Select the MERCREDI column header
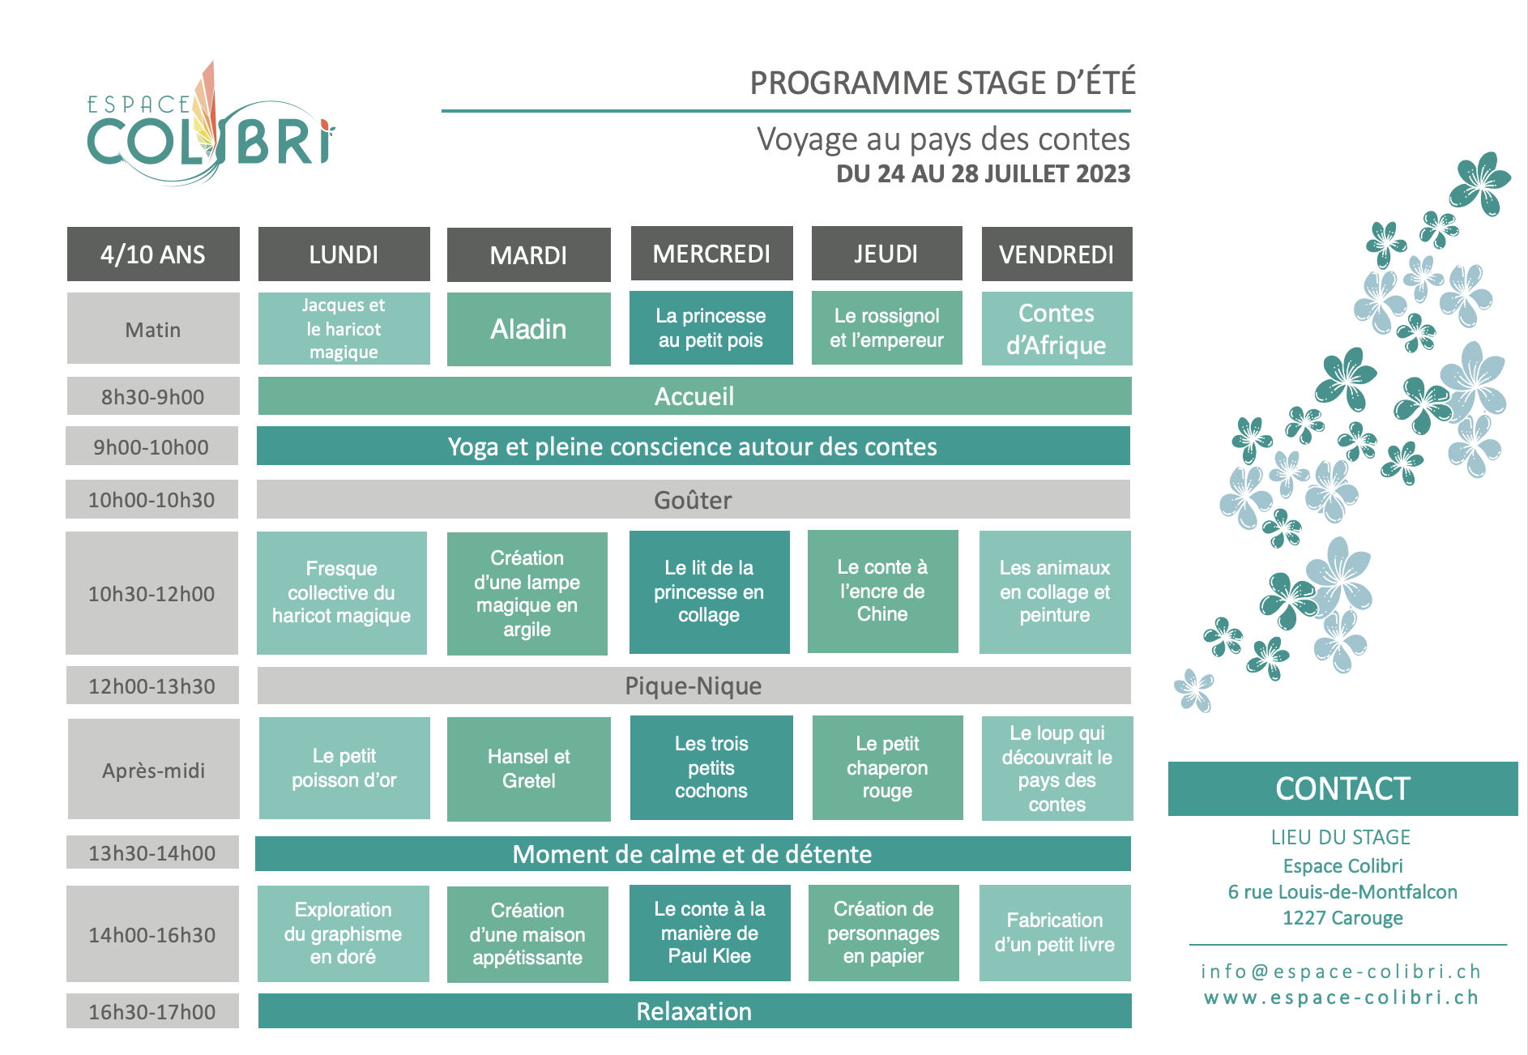pos(711,254)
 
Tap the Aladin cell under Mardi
pos(528,329)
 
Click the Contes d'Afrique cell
pos(1056,329)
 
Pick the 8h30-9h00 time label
pos(152,396)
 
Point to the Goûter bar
pos(694,499)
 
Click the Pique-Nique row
pos(694,686)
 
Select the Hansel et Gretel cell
pos(528,769)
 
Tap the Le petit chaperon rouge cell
pos(887,767)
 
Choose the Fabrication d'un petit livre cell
pos(1055,933)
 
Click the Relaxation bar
pos(694,1011)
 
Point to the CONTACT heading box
pos(1342,788)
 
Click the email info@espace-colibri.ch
pos(1341,971)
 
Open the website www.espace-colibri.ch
pos(1342,997)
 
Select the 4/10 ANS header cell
pos(153,254)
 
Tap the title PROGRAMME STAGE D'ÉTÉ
pos(942,83)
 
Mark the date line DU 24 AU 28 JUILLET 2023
pos(983,173)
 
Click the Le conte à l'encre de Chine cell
pos(882,591)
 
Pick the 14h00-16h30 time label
pos(152,934)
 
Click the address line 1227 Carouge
pos(1342,918)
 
